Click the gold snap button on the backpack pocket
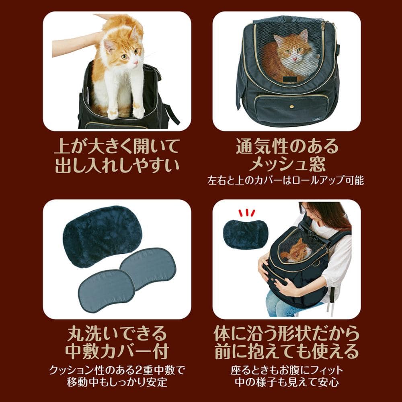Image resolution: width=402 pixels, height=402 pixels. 291,105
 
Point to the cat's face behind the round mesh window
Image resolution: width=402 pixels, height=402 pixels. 292,47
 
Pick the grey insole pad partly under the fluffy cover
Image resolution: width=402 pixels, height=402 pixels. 149,267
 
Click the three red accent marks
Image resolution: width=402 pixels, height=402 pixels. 247,213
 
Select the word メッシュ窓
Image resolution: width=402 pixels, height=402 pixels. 287,164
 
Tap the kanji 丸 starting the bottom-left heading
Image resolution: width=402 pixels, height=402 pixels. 76,333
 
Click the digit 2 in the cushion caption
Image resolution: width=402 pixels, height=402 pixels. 138,370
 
